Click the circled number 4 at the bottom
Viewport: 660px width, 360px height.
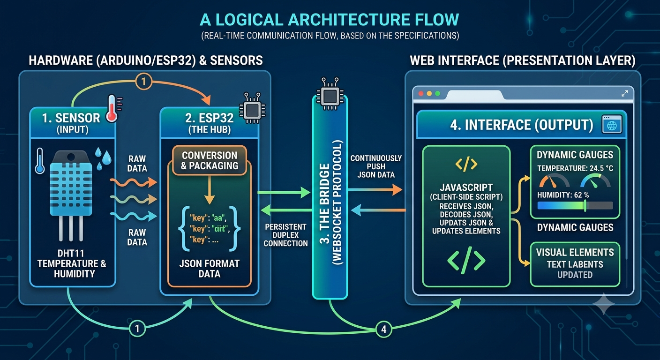(x=383, y=329)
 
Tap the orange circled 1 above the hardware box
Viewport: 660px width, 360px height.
(x=143, y=81)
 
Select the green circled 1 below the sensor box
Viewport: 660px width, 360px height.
(x=137, y=328)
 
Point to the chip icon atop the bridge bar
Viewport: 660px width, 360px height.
(x=330, y=93)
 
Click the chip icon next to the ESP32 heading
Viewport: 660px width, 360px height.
(x=252, y=108)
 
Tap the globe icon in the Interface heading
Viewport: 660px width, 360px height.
(x=612, y=125)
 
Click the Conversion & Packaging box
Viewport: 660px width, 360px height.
(x=210, y=161)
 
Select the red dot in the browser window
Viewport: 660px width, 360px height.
(x=421, y=93)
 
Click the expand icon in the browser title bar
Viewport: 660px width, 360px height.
(x=624, y=93)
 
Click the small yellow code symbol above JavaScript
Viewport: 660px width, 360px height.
(x=466, y=164)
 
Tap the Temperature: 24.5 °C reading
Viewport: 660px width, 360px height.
(x=575, y=168)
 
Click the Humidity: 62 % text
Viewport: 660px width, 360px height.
(x=563, y=195)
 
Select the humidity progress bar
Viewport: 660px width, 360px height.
(x=575, y=206)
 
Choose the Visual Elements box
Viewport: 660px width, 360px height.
(x=575, y=264)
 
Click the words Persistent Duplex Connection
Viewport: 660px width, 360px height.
(x=285, y=235)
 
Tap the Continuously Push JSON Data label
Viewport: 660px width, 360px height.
(x=376, y=166)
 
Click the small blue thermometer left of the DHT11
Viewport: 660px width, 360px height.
(x=40, y=161)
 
